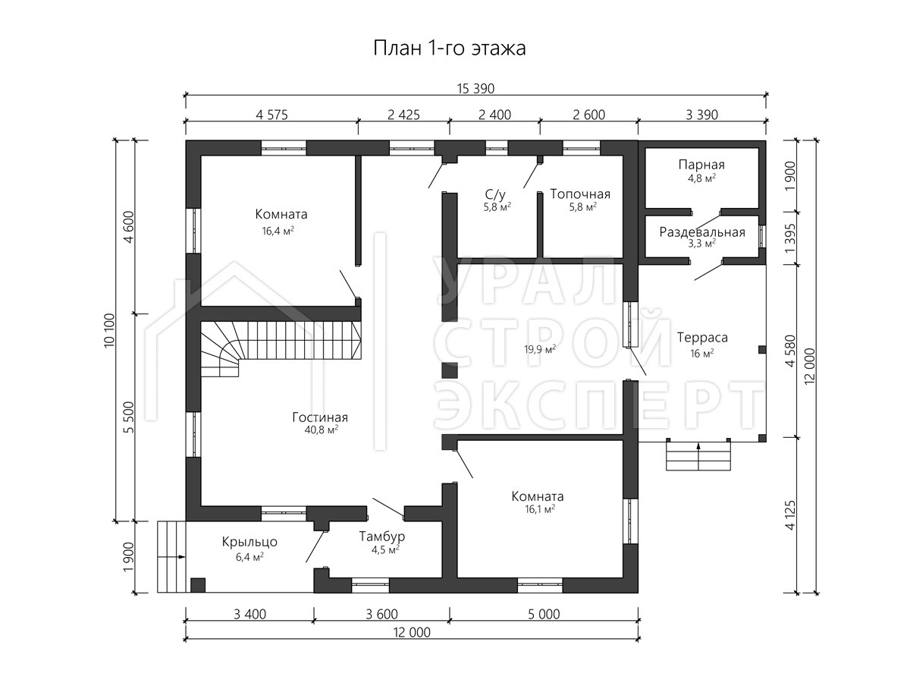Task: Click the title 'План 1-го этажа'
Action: point(450,48)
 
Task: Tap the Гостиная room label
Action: point(320,417)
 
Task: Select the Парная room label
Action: point(701,165)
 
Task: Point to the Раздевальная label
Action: point(702,232)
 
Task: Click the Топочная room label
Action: point(580,194)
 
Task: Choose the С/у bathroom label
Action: point(495,194)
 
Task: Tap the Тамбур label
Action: point(382,537)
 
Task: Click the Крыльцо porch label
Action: point(249,542)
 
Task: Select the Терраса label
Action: point(702,338)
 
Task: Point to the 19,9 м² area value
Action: point(540,349)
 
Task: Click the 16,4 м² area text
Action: point(278,231)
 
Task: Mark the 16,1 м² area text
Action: point(540,508)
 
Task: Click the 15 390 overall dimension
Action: point(475,89)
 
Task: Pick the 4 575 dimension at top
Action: point(271,115)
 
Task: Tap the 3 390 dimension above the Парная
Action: point(701,115)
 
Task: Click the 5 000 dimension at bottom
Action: point(544,614)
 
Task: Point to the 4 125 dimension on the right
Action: point(790,515)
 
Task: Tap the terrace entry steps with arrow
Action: point(698,455)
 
